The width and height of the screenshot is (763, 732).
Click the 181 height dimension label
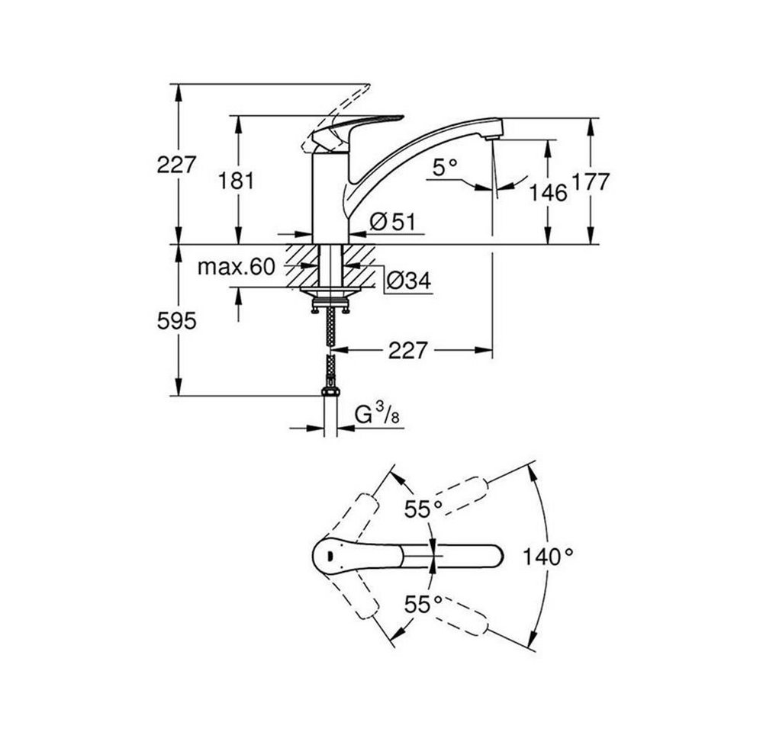(236, 181)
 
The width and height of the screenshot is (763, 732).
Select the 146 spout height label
(548, 193)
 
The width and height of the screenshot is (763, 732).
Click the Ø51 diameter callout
(393, 223)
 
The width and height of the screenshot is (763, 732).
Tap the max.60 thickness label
(237, 267)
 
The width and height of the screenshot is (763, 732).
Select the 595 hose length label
(177, 321)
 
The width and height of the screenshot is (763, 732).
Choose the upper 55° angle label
(423, 509)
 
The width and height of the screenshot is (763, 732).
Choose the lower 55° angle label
(423, 605)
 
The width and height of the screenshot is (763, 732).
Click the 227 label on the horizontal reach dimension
(407, 350)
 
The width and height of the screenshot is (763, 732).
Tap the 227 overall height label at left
(176, 165)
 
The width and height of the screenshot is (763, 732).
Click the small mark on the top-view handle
(330, 555)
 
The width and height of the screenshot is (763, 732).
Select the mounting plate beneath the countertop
(330, 292)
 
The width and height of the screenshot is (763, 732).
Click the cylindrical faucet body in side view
(330, 197)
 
